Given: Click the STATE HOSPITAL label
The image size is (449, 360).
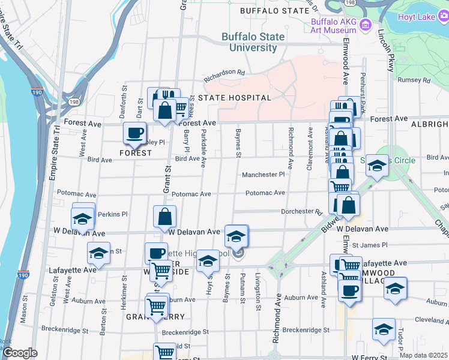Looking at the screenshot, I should tap(235, 97).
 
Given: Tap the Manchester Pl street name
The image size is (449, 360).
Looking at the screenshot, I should tap(263, 175).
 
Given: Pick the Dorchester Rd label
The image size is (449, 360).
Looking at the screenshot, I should tap(302, 211).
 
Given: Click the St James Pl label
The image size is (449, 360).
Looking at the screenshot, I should tap(370, 245).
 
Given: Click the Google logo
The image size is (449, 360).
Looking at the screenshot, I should tap(20, 353).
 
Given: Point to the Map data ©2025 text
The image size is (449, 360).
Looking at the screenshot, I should tap(423, 355).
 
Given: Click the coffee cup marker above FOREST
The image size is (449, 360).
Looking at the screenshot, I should tap(134, 133).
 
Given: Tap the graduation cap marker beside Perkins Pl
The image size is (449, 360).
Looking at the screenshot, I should tap(83, 218).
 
